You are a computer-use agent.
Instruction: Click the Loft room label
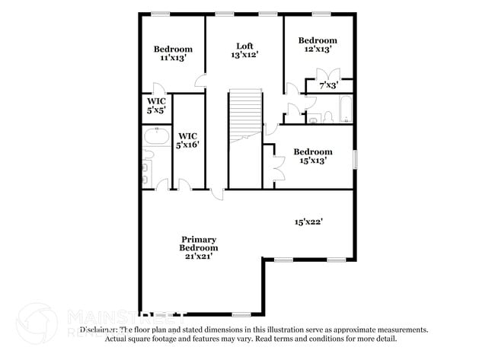[x=244, y=49]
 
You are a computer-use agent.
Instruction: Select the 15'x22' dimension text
[x=309, y=222]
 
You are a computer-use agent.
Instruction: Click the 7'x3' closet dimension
[x=328, y=85]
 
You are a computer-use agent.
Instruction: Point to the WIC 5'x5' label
[x=157, y=106]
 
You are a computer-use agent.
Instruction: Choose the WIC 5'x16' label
[x=188, y=140]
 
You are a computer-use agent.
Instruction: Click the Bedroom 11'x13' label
[x=171, y=53]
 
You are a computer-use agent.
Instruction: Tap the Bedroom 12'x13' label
[x=317, y=44]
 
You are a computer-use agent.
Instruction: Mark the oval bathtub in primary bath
[x=156, y=136]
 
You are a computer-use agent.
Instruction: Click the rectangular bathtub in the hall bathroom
[x=345, y=110]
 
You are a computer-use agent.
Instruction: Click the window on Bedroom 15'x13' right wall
[x=355, y=158]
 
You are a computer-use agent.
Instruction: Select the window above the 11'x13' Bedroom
[x=160, y=13]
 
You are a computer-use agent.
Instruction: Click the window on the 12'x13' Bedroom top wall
[x=321, y=13]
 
